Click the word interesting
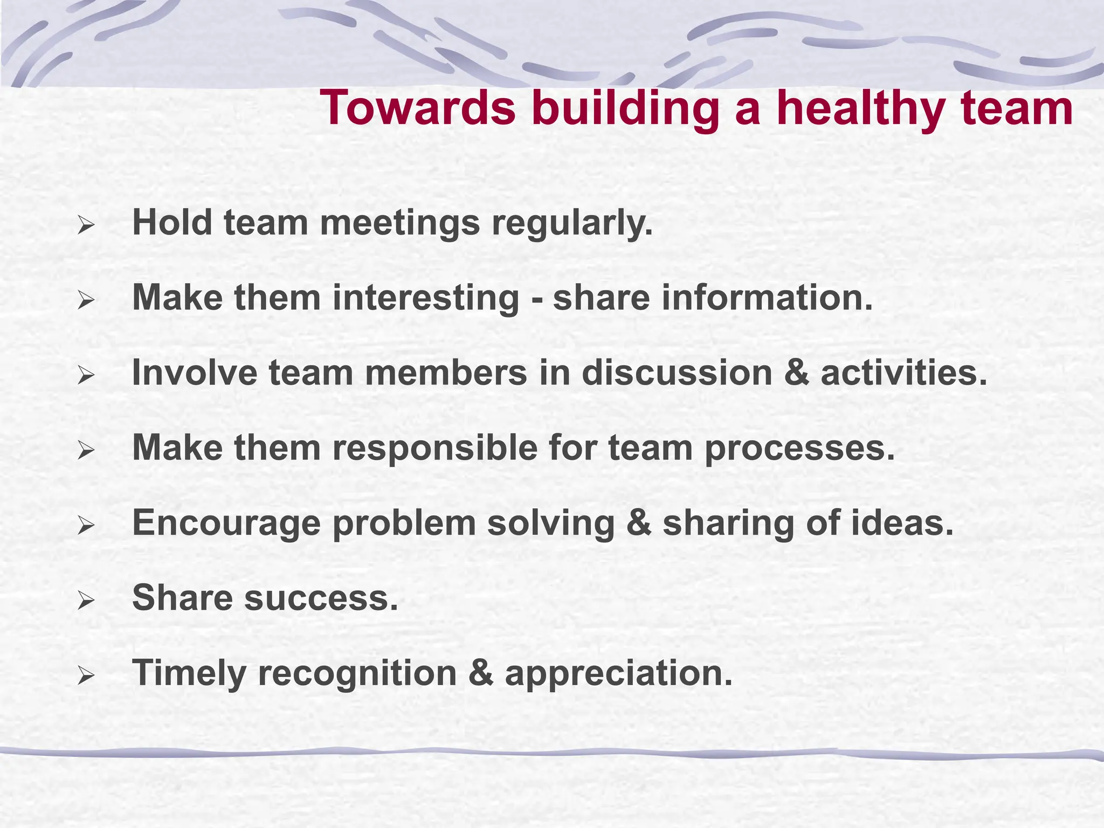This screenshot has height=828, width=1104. [x=426, y=298]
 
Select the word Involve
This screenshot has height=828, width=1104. [x=195, y=372]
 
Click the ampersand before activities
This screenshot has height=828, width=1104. [x=796, y=373]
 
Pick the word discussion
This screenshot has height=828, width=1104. [x=677, y=372]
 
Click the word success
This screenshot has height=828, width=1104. [x=321, y=598]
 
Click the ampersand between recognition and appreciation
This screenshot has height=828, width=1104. [x=481, y=673]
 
